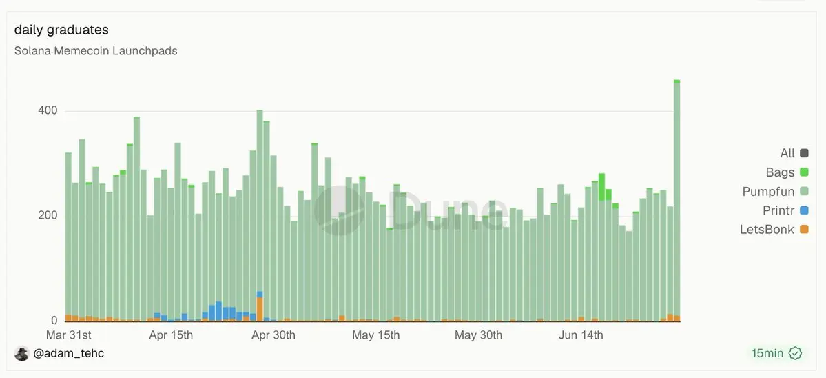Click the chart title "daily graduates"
coord(61,30)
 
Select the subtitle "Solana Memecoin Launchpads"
coord(95,51)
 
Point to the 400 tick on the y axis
coord(47,111)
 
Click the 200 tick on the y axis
coord(47,216)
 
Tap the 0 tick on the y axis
coord(54,320)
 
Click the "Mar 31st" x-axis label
coord(69,335)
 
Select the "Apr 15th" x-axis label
coord(171,335)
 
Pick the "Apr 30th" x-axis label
coord(273,335)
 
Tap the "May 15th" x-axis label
coord(375,335)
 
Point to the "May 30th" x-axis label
coord(478,335)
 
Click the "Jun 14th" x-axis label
coord(581,335)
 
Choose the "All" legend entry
coord(794,153)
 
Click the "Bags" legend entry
coord(787,172)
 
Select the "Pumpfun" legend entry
coord(776,191)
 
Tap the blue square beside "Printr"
coord(804,210)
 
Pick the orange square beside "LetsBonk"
coord(804,229)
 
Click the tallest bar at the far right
coord(677,200)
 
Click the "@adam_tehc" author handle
coord(68,353)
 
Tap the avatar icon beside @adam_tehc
coord(21,353)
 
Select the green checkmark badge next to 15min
coord(795,353)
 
